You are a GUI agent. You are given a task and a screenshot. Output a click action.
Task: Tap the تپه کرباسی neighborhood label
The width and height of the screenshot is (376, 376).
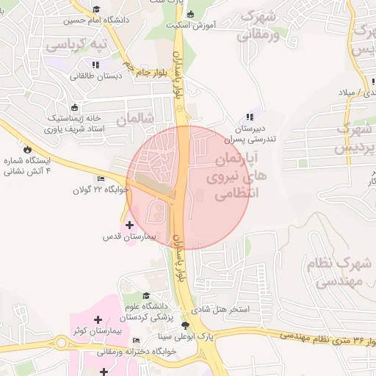[77, 44]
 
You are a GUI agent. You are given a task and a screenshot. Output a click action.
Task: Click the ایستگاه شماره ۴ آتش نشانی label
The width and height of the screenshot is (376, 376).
[29, 166]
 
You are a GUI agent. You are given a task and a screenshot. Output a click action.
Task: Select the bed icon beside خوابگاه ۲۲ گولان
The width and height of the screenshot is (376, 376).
[101, 178]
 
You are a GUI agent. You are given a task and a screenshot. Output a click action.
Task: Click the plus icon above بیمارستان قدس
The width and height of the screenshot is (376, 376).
[130, 225]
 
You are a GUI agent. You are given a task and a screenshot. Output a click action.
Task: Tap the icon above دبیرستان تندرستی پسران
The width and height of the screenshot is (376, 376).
[250, 116]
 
